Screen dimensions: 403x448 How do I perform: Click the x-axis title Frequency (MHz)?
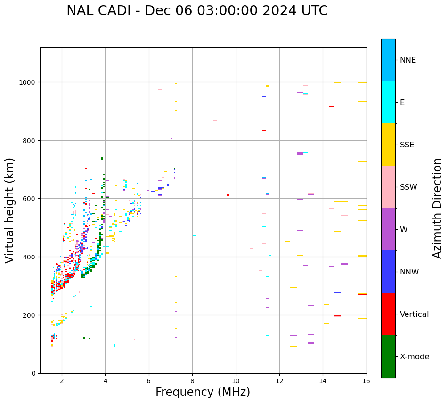[203, 392]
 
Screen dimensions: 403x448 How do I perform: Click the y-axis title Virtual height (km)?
[10, 210]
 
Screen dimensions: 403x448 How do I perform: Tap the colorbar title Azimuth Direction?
[438, 208]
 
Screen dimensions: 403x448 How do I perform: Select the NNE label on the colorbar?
[408, 60]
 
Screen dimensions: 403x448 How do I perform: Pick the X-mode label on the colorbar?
[415, 357]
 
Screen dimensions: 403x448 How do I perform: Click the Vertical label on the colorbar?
[414, 314]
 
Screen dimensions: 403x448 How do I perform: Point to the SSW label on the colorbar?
[408, 187]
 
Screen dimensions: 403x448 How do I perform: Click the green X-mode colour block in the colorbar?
[388, 356]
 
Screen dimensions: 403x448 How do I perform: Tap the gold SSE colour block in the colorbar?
[388, 145]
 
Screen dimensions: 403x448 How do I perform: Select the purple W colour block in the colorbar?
[388, 229]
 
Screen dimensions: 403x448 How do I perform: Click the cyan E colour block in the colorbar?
[388, 102]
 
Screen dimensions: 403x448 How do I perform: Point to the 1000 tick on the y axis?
[28, 82]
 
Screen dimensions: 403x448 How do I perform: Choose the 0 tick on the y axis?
[34, 373]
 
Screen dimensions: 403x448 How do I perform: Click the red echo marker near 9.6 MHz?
[228, 195]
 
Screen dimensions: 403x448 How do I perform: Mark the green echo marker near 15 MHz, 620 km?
[344, 193]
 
